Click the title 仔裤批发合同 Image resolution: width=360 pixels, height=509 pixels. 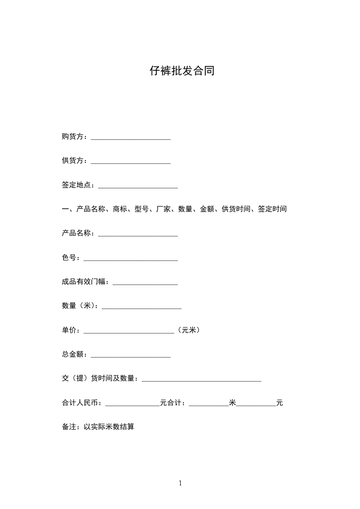click(182, 71)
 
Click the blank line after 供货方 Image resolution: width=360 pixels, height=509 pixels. click(131, 162)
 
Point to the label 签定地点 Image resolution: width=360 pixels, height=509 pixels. click(76, 185)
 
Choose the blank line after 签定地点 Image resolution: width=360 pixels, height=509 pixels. click(138, 186)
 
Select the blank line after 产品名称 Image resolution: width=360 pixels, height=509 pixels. click(138, 234)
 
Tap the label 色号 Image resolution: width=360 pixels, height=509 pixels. click(69, 258)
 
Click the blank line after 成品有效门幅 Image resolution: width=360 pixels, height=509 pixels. click(145, 283)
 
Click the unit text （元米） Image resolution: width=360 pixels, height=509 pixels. click(189, 330)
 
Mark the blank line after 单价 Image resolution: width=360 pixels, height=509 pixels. click(129, 331)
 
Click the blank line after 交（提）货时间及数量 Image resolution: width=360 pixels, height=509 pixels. click(202, 380)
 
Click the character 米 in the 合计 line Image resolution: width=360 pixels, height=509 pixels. click(232, 403)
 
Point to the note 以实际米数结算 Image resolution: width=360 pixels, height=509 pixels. click(109, 427)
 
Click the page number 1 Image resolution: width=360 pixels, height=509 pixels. click(180, 483)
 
